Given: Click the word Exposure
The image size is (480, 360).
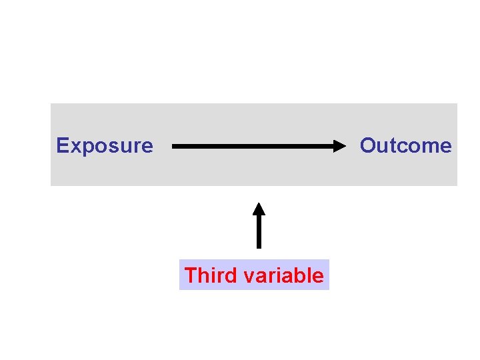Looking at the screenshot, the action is [x=105, y=145].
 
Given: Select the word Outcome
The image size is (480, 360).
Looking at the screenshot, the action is [x=405, y=145].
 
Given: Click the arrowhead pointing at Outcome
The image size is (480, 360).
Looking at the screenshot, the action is [x=342, y=145].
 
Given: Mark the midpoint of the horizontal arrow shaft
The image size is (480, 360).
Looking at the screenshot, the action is [x=259, y=145].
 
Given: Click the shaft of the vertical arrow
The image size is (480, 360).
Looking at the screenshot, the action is [x=259, y=230].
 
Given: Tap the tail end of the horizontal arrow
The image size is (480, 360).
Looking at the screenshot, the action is [x=174, y=145].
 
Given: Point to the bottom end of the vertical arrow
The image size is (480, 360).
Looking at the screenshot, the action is [x=259, y=247].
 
